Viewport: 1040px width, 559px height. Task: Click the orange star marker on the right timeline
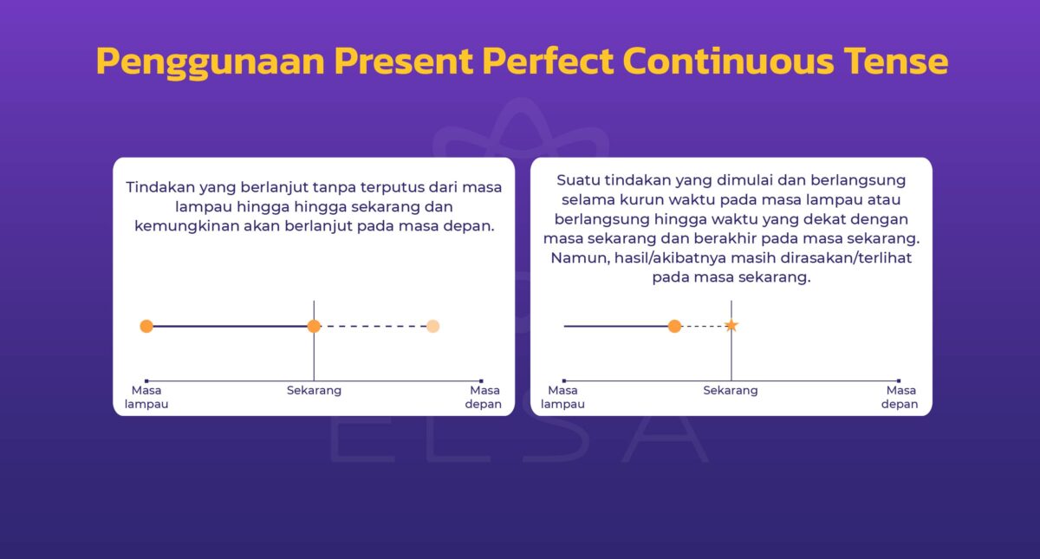tap(731, 326)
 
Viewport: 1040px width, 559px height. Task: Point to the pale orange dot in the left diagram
tap(433, 326)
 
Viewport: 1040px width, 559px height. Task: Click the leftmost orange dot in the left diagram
tap(146, 326)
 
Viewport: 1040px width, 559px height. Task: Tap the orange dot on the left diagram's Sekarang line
tap(314, 326)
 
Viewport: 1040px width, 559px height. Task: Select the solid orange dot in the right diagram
tap(674, 326)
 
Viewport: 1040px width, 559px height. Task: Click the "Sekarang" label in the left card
tap(314, 391)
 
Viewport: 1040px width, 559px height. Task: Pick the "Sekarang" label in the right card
tap(731, 391)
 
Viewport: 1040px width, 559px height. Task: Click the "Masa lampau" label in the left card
tap(146, 398)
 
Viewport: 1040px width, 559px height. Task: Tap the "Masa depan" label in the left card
tap(483, 398)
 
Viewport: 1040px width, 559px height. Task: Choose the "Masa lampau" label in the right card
tap(563, 398)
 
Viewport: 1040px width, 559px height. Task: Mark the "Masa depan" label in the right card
tap(900, 398)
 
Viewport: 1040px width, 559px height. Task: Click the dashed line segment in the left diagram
tap(373, 326)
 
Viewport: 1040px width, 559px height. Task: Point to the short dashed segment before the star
tap(703, 326)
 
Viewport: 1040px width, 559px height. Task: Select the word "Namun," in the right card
tap(573, 258)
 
